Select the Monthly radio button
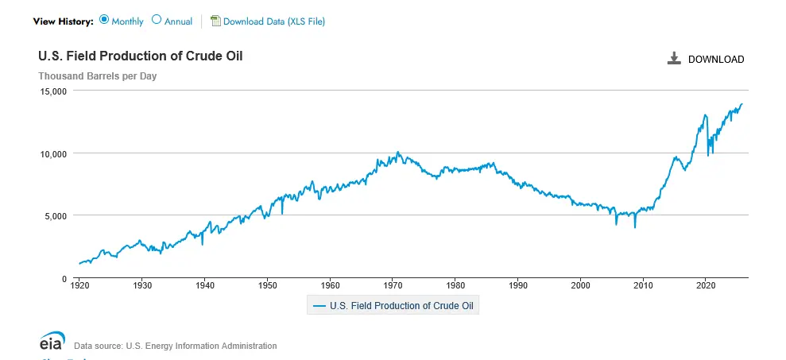(x=104, y=21)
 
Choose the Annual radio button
(x=157, y=21)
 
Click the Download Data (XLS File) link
(x=273, y=21)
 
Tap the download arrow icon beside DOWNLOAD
(x=675, y=59)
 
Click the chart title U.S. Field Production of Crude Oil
(x=141, y=56)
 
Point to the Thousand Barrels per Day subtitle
(x=98, y=76)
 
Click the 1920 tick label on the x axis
(x=79, y=285)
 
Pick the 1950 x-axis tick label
(x=268, y=285)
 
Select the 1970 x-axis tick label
(x=393, y=285)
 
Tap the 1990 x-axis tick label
(x=518, y=285)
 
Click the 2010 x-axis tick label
(x=644, y=285)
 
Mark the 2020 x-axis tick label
(x=706, y=285)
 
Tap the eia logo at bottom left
(x=53, y=341)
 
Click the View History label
(x=63, y=21)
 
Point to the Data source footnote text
(x=176, y=346)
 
